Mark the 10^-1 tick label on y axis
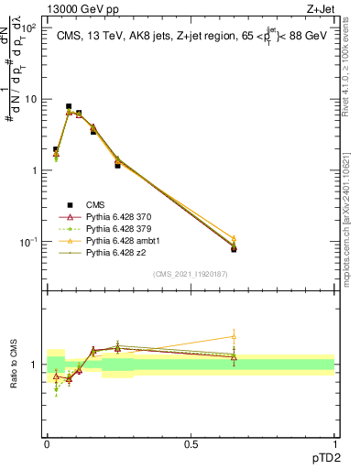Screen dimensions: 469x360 point(27,242)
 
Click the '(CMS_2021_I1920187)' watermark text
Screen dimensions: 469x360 point(191,274)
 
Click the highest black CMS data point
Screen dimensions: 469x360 point(69,107)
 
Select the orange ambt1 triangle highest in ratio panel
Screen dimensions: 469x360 point(234,336)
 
